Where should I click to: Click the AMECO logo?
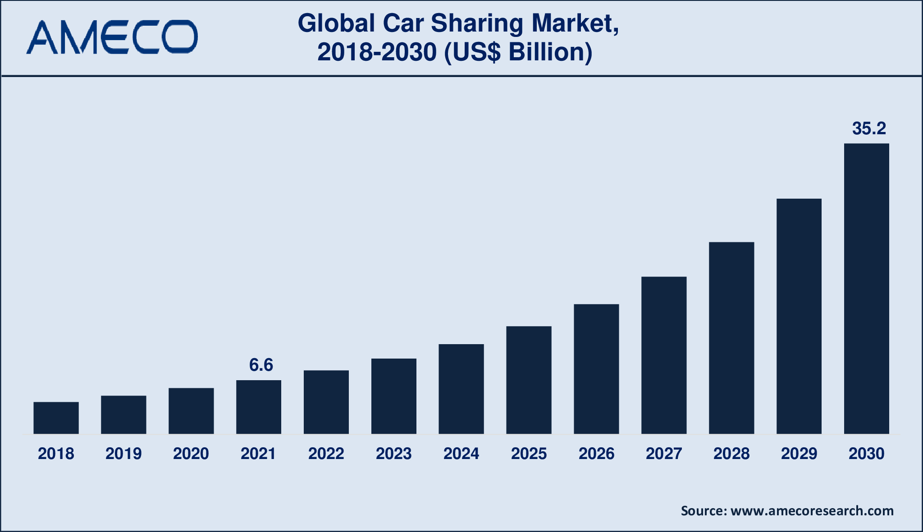112,37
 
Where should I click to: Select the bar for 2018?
56,418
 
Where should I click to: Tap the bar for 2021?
259,407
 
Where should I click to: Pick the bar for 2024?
461,389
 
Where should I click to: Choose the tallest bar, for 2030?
866,288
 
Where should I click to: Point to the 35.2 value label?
869,129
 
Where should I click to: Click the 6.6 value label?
261,365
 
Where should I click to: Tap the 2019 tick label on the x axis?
123,454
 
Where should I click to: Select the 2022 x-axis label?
326,454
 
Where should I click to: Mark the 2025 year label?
529,454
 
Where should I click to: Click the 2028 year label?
731,454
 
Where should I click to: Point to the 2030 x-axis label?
866,454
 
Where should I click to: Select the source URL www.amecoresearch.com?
812,511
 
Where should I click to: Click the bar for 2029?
799,316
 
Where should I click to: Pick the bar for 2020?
191,410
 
